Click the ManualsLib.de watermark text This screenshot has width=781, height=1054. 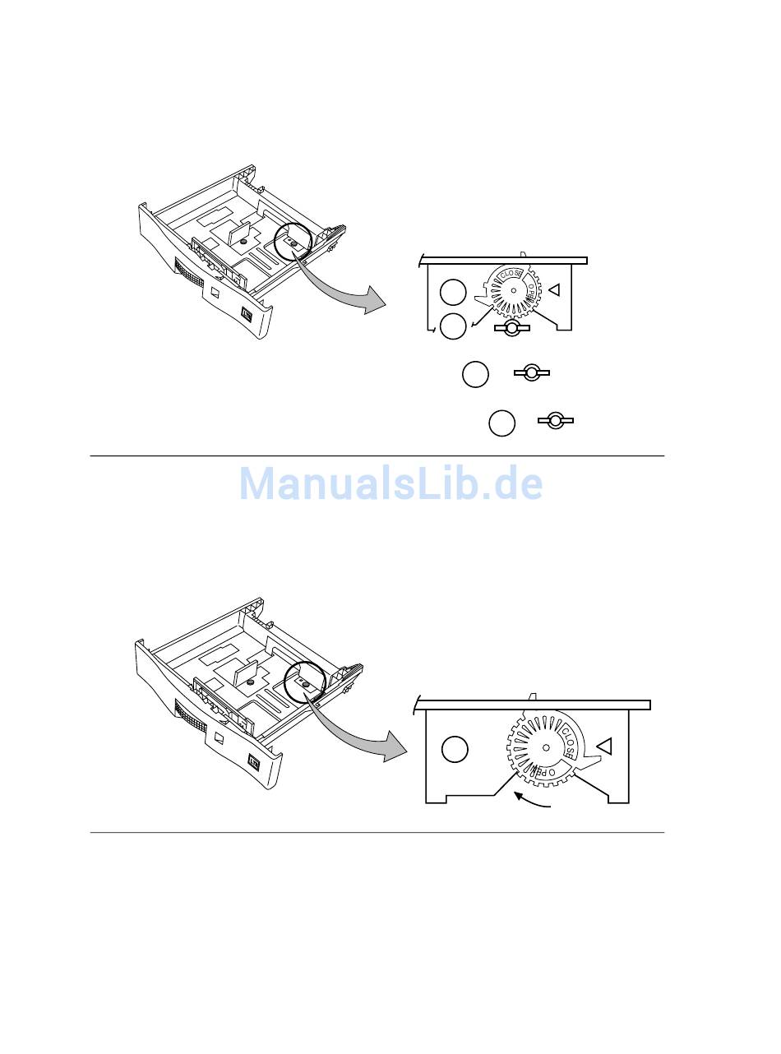coord(390,483)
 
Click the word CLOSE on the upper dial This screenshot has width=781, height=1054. coord(511,275)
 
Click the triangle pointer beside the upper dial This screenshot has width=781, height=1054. coord(554,289)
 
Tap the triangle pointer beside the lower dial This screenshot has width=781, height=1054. coord(603,746)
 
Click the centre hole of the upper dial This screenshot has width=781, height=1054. coord(513,290)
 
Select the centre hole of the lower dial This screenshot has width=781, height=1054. coord(546,747)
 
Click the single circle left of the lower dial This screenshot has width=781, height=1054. coord(455,750)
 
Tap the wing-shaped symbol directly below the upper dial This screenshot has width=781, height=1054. coord(512,328)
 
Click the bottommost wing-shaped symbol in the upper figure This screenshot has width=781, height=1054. coord(555,421)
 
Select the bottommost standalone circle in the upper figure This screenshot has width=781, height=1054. coord(502,423)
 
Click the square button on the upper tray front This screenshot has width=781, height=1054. coord(247,314)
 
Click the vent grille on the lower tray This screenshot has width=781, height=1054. coord(191,718)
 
